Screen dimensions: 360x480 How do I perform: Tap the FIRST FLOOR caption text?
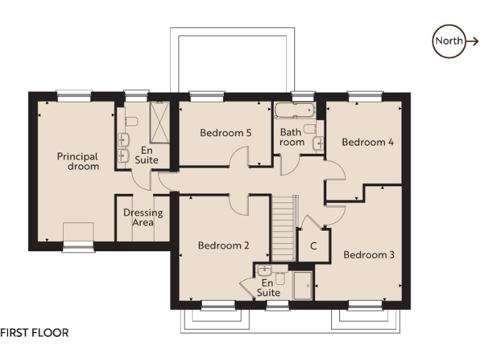[34, 333]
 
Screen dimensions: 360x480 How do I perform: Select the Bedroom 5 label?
[226, 132]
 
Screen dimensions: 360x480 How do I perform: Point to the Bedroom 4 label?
[367, 142]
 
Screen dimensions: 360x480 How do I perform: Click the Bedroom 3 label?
[369, 255]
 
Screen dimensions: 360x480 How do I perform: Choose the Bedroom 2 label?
[224, 246]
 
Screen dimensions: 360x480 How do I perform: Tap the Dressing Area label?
[143, 217]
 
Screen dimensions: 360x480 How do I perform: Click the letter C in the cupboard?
[314, 246]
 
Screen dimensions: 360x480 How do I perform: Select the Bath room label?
[292, 137]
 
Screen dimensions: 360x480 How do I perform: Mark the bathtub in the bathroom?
[294, 111]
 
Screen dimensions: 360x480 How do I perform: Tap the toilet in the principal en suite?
[130, 121]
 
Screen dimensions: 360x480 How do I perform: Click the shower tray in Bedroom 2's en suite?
[302, 284]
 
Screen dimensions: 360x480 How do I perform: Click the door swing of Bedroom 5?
[239, 159]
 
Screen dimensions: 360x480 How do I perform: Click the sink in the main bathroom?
[319, 143]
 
